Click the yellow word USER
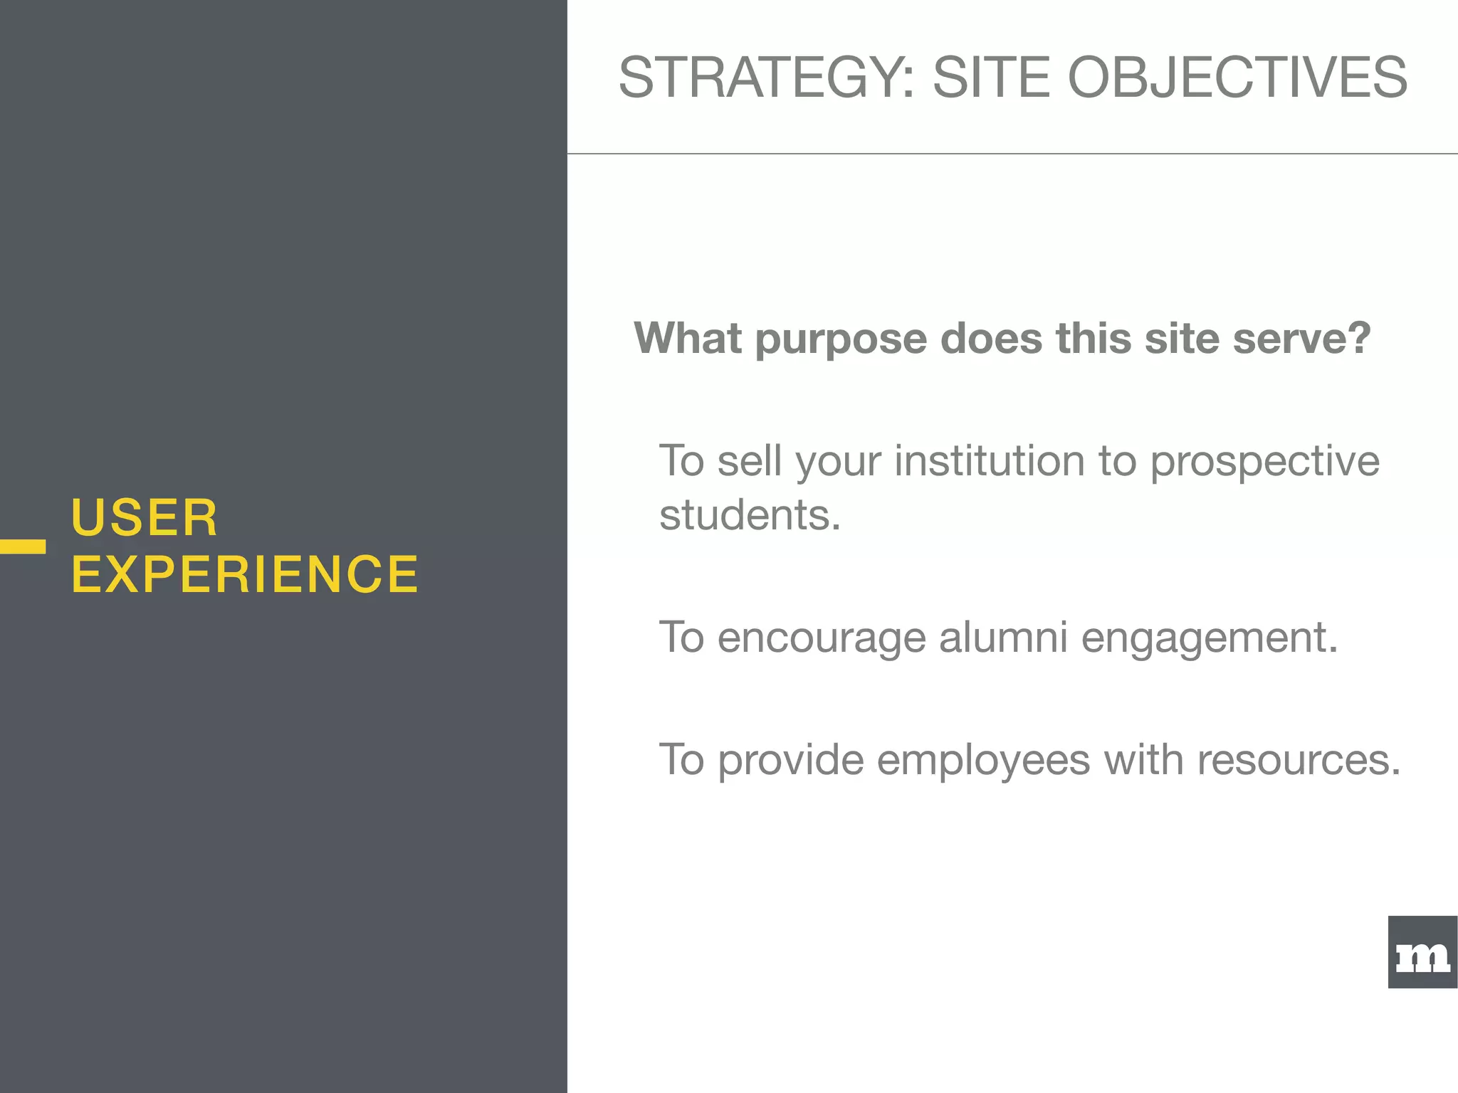pyautogui.click(x=145, y=517)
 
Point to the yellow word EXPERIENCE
pyautogui.click(x=245, y=574)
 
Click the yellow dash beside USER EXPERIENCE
pyautogui.click(x=23, y=546)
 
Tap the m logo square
pyautogui.click(x=1422, y=952)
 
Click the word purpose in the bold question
pyautogui.click(x=841, y=339)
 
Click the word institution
pyautogui.click(x=990, y=460)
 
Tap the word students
pyautogui.click(x=750, y=514)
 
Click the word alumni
pyautogui.click(x=1003, y=636)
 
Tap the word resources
pyautogui.click(x=1299, y=760)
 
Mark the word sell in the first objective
pyautogui.click(x=750, y=460)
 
